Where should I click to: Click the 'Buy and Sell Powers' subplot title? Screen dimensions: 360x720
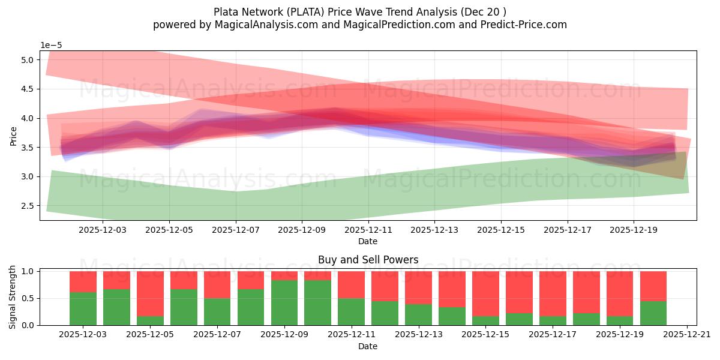(368, 260)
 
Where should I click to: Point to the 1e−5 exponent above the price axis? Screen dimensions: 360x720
(51, 46)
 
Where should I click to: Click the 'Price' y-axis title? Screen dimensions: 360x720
(13, 136)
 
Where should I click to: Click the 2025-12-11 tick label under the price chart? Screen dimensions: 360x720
(368, 229)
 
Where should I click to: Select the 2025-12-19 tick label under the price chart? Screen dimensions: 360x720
(634, 229)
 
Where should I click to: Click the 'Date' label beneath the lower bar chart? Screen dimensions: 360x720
(368, 346)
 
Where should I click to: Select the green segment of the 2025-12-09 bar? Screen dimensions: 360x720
(284, 302)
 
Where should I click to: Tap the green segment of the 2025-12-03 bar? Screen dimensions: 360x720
(83, 308)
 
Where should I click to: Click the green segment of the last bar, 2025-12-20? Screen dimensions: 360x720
(653, 313)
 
